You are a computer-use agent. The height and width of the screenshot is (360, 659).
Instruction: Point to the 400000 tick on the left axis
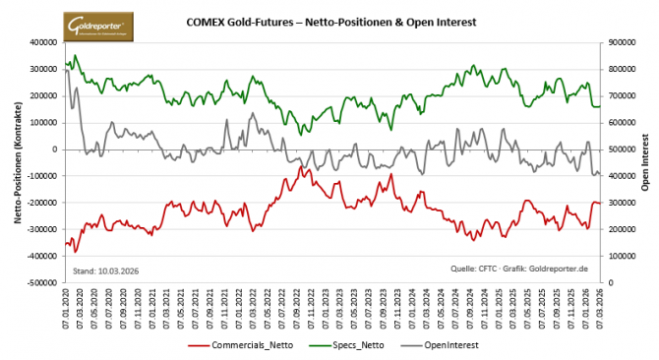pyautogui.click(x=41, y=43)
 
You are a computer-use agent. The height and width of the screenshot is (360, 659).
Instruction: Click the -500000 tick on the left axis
pyautogui.click(x=39, y=282)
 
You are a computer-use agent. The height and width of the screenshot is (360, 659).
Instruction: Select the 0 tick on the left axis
pyautogui.click(x=54, y=150)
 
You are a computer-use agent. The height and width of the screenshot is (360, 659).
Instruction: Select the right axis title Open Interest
pyautogui.click(x=645, y=162)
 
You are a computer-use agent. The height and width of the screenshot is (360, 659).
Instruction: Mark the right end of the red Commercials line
pyautogui.click(x=600, y=203)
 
